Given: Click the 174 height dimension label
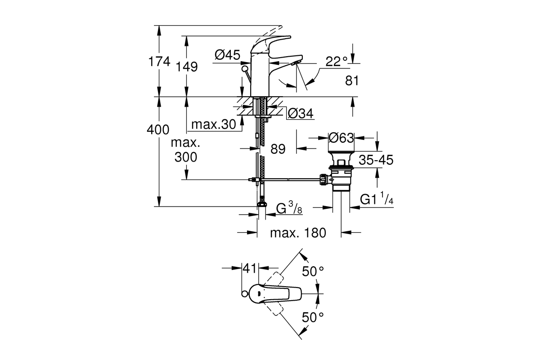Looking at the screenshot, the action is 159,62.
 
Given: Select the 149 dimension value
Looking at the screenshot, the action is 187,67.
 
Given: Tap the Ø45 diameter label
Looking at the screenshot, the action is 227,55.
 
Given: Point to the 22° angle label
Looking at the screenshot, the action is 337,61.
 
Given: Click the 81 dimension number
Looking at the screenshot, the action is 352,81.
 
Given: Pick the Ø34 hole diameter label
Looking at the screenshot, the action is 301,113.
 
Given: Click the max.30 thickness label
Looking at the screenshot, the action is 214,124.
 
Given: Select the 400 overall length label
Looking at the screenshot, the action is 158,130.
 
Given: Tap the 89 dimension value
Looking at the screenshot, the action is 278,149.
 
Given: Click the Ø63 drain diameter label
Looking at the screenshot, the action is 341,138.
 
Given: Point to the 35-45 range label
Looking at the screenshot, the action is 376,160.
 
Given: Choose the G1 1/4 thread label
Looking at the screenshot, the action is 377,198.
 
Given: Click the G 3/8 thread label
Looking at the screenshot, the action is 289,208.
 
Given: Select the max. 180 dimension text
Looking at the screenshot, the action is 298,233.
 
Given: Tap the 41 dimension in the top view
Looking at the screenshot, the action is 249,268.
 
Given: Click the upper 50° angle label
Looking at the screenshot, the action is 313,271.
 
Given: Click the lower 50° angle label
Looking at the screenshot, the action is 313,317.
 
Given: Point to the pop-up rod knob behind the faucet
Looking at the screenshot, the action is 245,68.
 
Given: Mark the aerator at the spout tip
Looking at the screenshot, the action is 295,63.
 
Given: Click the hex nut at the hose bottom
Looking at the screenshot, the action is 262,204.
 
